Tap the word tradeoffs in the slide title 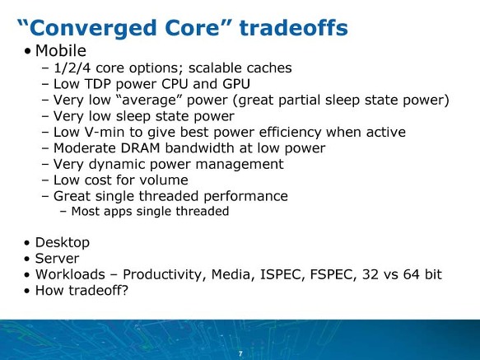pyautogui.click(x=294, y=27)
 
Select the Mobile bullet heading pyautogui.click(x=61, y=50)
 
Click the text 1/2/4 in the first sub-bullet pyautogui.click(x=72, y=68)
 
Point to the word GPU pyautogui.click(x=236, y=84)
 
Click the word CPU pyautogui.click(x=175, y=84)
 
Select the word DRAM pyautogui.click(x=141, y=148)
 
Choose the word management pyautogui.click(x=240, y=165)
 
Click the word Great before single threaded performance pyautogui.click(x=72, y=196)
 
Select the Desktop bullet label pyautogui.click(x=63, y=243)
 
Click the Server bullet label pyautogui.click(x=58, y=259)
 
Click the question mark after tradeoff pyautogui.click(x=124, y=290)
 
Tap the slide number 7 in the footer pyautogui.click(x=240, y=354)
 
